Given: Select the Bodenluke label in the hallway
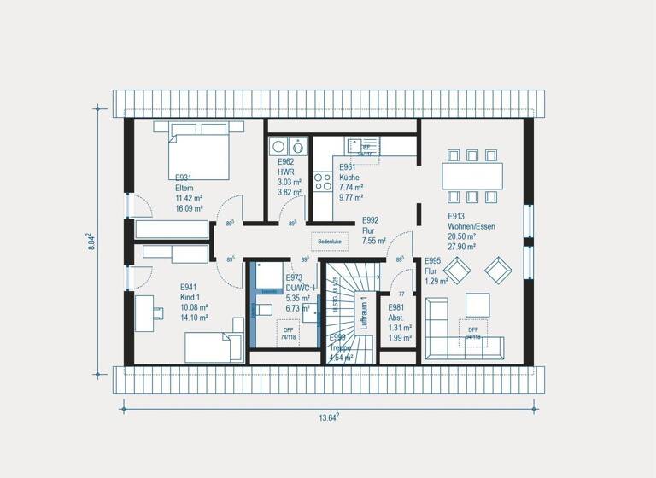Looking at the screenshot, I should (x=329, y=242).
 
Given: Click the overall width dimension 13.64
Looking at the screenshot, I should (x=329, y=417).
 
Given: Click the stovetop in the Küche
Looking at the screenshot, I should (x=323, y=182).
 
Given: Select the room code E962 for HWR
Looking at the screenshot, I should (x=285, y=161).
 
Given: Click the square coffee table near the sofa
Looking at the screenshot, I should (x=477, y=304).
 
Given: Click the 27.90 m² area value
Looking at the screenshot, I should (x=462, y=247).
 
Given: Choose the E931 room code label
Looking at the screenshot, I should (x=185, y=178).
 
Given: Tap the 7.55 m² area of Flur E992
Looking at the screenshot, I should (x=374, y=242).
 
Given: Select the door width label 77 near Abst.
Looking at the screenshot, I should (x=401, y=293).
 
